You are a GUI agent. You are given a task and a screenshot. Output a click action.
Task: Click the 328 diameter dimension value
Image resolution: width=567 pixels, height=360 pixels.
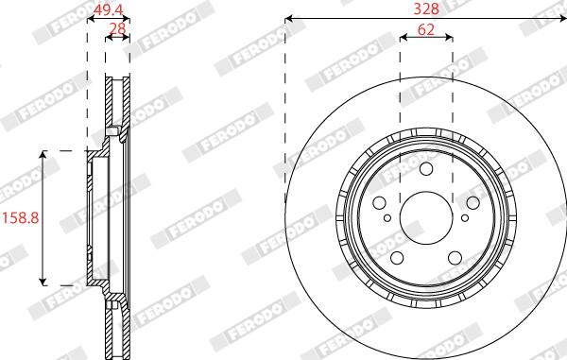(x=426, y=9)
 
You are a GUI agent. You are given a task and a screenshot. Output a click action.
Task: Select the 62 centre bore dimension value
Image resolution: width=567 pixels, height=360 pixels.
(x=426, y=29)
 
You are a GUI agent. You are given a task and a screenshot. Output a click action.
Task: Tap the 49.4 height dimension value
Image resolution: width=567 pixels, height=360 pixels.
(x=108, y=10)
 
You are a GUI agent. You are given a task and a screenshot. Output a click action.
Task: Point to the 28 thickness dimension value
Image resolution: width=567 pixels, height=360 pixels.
(x=117, y=28)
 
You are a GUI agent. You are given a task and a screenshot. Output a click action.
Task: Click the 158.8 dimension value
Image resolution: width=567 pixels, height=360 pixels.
(x=21, y=218)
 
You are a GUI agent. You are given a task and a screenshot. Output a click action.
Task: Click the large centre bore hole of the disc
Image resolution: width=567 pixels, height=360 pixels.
(x=427, y=218)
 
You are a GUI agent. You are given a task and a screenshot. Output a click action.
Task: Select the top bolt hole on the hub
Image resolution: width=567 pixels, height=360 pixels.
(x=426, y=169)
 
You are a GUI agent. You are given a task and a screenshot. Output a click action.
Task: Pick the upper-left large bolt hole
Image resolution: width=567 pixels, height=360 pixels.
(x=379, y=203)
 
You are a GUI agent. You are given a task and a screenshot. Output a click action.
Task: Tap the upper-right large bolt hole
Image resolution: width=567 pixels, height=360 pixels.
(x=473, y=203)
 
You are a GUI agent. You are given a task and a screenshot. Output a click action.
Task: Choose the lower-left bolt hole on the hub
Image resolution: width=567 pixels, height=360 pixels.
(x=398, y=258)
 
